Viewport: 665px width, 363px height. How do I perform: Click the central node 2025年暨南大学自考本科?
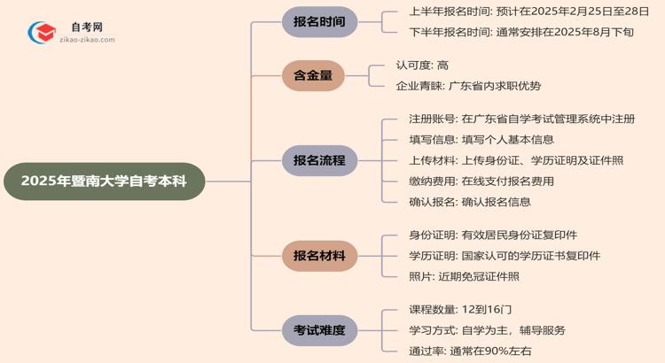(104, 181)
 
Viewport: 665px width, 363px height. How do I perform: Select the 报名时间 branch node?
(319, 22)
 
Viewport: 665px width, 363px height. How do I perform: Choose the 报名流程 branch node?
(319, 160)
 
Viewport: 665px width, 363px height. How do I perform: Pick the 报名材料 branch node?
(319, 256)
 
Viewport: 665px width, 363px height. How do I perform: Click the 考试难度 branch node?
(319, 330)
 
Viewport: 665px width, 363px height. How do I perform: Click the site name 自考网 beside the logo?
(87, 27)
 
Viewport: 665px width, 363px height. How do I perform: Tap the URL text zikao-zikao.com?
(86, 40)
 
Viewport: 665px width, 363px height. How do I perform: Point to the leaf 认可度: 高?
(422, 66)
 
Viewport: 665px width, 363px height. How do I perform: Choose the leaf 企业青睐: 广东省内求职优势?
(468, 86)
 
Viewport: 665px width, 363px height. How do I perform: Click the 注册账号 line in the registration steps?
(522, 119)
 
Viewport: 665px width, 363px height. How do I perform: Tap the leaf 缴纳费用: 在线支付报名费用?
(481, 181)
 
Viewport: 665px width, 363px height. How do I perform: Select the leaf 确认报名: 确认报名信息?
(470, 202)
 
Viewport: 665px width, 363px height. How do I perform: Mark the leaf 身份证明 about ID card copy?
(492, 236)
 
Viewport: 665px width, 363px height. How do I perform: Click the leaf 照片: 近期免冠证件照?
(464, 276)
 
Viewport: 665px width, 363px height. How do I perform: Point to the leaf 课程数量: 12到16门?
(460, 310)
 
